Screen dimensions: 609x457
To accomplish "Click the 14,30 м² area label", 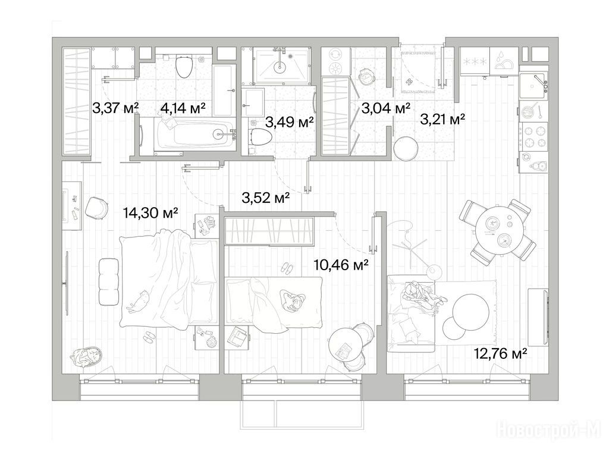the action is pos(150,212).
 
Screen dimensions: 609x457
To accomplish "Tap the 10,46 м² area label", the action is pos(341,265).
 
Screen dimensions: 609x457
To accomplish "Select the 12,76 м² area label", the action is pos(500,353).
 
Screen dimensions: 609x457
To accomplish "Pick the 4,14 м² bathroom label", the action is pos(183,108).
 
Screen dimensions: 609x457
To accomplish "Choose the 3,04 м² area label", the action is pos(385,108).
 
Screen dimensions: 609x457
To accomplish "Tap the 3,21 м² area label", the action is pos(442,119).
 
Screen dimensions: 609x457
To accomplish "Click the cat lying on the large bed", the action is pos(138,301).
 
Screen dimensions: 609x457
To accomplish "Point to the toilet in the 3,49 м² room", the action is pos(261,137).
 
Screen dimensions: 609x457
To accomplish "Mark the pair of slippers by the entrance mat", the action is pos(409,82).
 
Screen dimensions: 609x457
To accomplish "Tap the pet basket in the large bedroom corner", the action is pos(87,358).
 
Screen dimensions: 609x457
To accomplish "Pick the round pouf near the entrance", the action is pos(405,148).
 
